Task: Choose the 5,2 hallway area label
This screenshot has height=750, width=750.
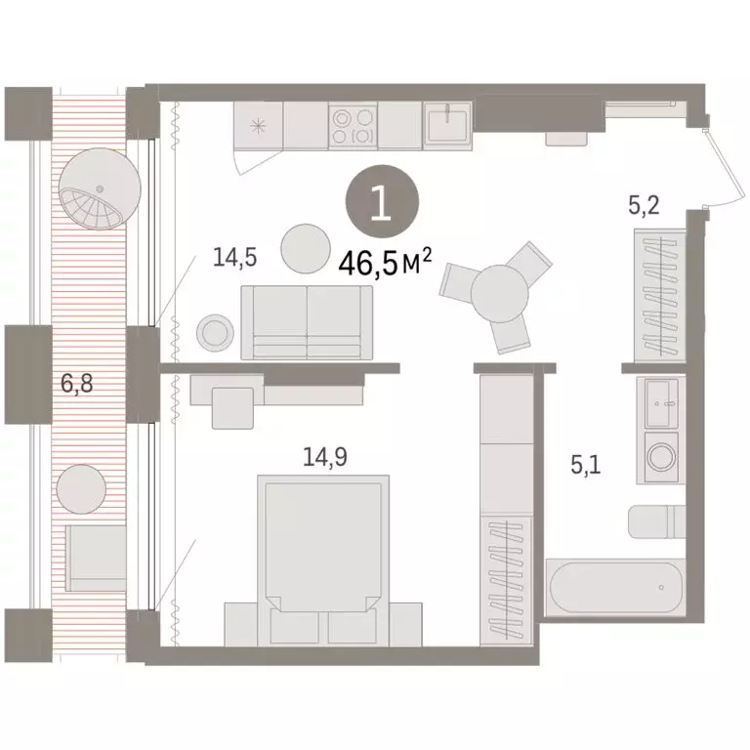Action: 645,205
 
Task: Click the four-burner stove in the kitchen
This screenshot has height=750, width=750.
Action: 353,126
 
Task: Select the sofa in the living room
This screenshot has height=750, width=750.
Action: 307,321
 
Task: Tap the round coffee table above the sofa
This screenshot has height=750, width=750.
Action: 305,249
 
